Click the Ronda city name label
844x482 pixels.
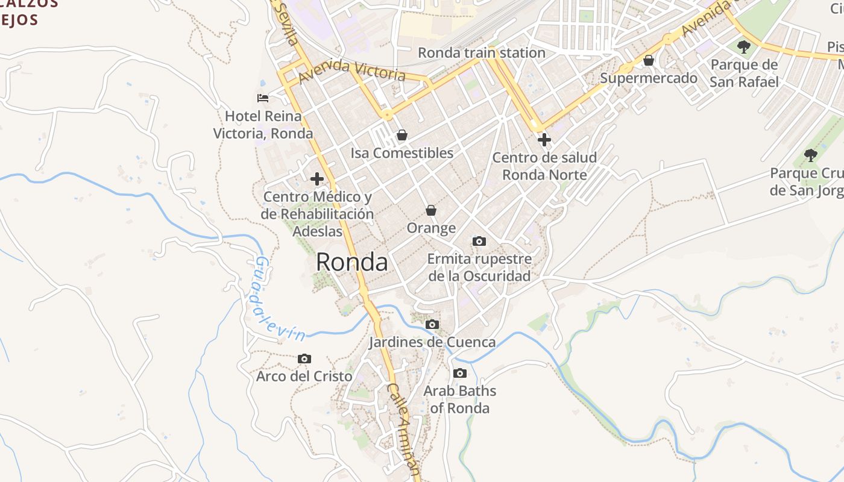(x=351, y=262)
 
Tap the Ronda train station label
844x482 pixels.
(x=481, y=53)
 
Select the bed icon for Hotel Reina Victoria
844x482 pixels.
(x=262, y=98)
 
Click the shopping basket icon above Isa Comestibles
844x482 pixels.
(x=402, y=135)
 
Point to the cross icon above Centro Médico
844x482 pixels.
(x=317, y=179)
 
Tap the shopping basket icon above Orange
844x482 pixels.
(x=431, y=210)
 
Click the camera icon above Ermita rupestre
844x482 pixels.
(x=479, y=241)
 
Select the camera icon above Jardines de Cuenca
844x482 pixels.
(x=432, y=324)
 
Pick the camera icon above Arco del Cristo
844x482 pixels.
(x=304, y=358)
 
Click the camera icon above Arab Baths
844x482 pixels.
(x=460, y=373)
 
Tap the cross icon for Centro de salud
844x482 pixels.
(x=544, y=140)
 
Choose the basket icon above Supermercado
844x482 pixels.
(x=649, y=60)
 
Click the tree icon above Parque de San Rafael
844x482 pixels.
(x=744, y=46)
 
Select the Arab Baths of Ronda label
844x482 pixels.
(x=459, y=399)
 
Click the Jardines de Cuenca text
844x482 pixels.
(x=432, y=342)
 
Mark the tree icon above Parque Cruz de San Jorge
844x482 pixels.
(x=811, y=155)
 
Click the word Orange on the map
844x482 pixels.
(x=431, y=228)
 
